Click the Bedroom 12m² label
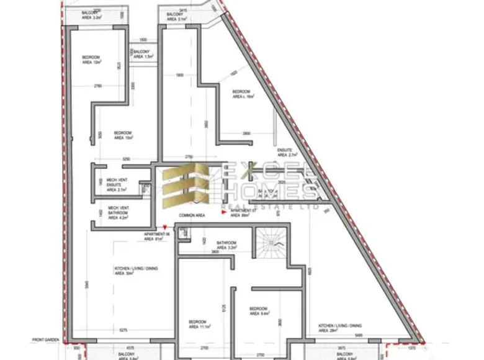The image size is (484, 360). pos(91,60)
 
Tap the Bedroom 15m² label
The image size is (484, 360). pos(123,135)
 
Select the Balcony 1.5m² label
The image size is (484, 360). pos(144,53)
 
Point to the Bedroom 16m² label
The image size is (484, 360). pos(244,94)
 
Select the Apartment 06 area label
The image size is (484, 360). pos(153,236)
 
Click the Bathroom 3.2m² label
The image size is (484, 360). pos(226,245)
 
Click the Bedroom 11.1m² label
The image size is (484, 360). pos(200,323)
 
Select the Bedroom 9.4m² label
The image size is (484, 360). pos(258,311)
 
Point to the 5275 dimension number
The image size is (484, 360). pos(123,330)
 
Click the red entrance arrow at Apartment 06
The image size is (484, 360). pos(164,228)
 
